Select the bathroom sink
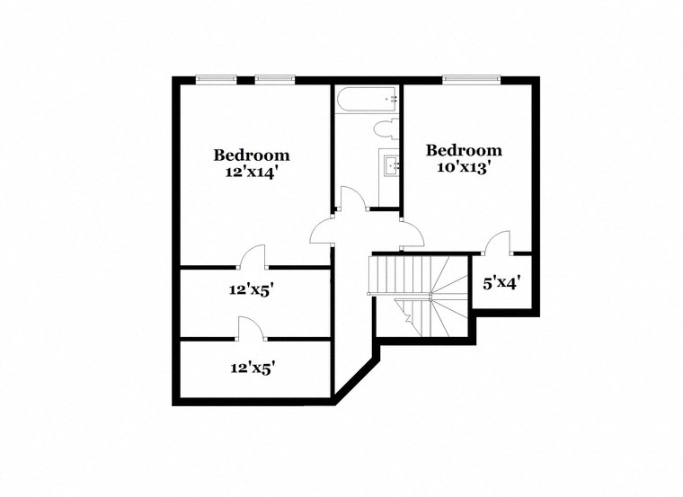coord(391,165)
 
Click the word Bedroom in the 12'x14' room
coord(252,155)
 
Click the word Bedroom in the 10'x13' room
coord(464,150)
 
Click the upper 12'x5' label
coord(252,289)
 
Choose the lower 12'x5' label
coord(252,367)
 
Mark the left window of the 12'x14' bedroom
coord(213,79)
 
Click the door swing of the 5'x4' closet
coord(498,243)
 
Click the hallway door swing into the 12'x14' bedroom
coord(322,231)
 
